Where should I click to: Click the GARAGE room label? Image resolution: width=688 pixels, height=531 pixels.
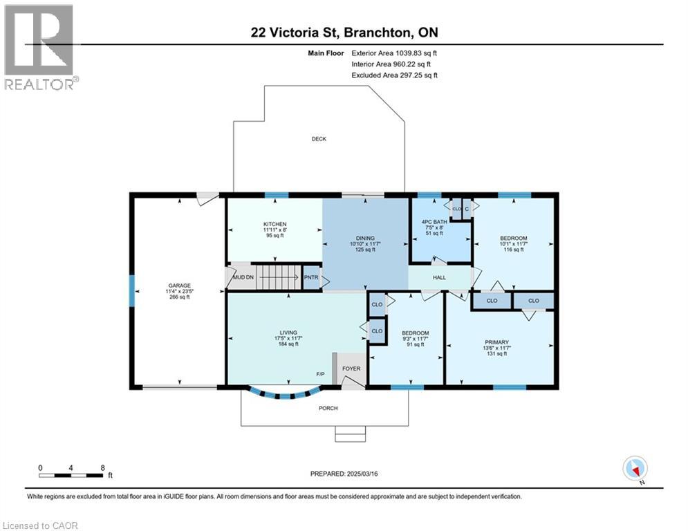click(179, 286)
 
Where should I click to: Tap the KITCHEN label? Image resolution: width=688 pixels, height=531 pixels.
click(275, 224)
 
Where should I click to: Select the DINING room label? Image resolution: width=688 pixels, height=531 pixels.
click(365, 239)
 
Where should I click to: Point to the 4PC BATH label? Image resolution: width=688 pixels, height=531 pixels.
click(434, 222)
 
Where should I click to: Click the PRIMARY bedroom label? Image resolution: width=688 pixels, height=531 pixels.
click(496, 342)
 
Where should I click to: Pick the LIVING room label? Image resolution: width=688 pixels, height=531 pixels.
click(288, 333)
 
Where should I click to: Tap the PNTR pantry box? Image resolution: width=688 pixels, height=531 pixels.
click(312, 277)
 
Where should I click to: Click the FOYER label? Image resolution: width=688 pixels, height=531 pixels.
click(351, 369)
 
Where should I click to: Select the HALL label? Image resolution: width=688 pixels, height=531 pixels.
click(439, 277)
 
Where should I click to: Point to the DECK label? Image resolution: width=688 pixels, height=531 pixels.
click(319, 139)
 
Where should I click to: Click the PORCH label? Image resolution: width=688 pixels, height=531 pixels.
click(328, 408)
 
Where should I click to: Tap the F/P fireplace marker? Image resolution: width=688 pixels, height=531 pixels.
click(320, 374)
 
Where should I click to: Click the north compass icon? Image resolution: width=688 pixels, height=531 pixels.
click(635, 469)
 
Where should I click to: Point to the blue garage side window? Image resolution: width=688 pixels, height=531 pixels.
click(131, 290)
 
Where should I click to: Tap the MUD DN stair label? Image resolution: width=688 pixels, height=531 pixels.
click(243, 277)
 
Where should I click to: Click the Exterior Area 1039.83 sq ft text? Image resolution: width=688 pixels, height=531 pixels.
click(394, 53)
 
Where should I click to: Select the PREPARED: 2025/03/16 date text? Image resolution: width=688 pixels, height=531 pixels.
click(344, 474)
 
